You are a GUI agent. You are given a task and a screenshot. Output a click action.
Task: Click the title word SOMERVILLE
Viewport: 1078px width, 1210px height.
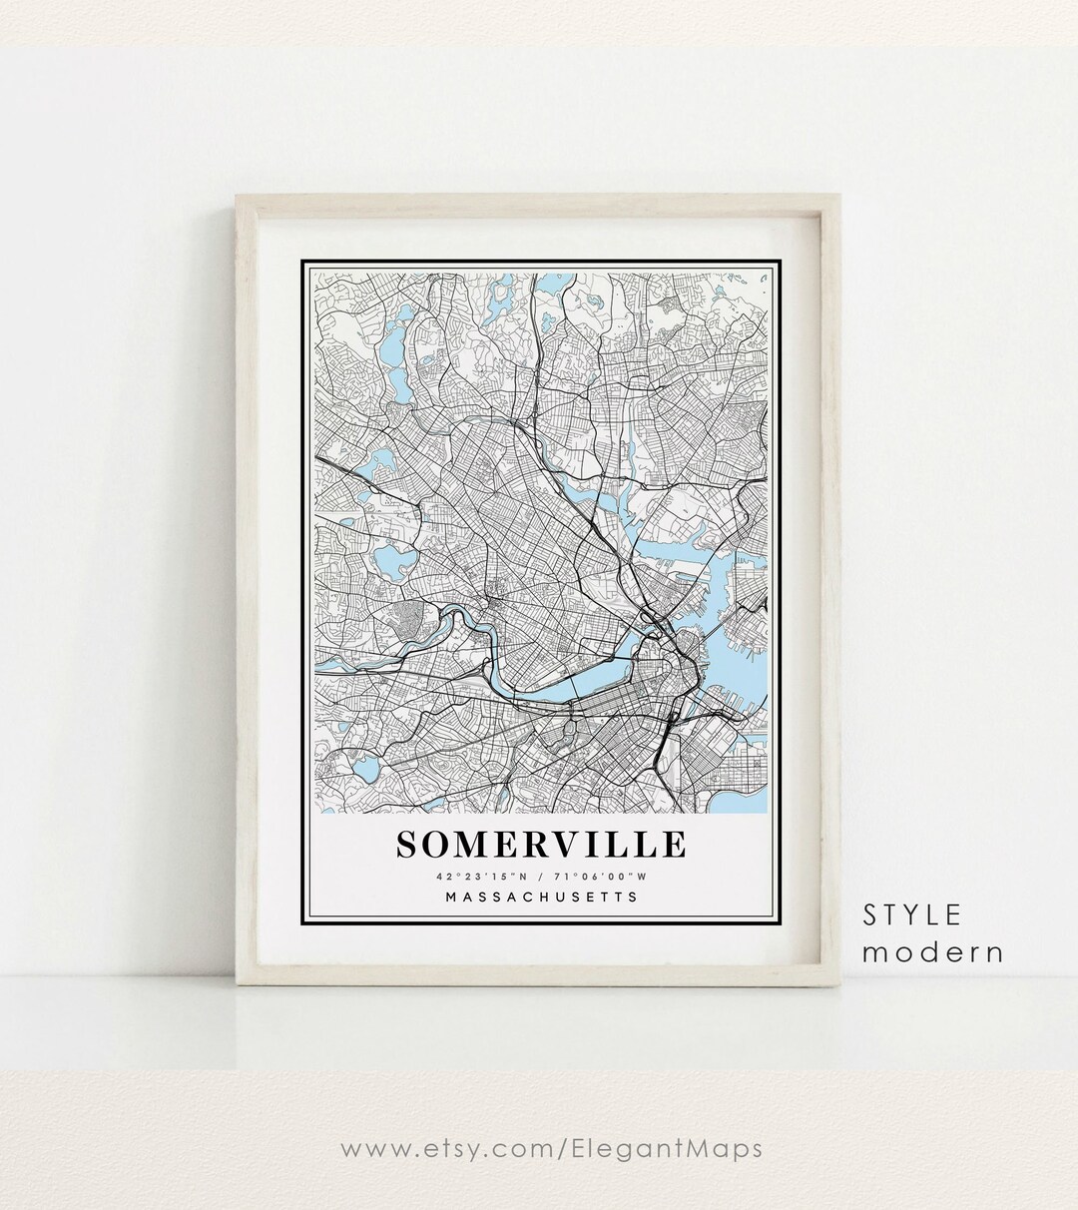(x=541, y=845)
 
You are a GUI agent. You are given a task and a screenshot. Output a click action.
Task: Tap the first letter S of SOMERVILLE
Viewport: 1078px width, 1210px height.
(x=407, y=845)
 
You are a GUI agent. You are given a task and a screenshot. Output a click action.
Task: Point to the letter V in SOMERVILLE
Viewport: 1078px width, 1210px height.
(x=580, y=845)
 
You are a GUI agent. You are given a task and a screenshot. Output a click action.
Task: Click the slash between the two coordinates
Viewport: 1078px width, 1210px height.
(x=540, y=877)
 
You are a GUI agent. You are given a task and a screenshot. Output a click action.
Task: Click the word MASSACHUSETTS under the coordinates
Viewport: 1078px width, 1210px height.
(x=541, y=897)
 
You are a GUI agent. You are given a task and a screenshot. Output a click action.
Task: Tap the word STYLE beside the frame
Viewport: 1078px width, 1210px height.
(x=912, y=914)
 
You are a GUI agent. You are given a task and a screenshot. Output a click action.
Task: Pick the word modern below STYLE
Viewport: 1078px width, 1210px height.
(x=933, y=952)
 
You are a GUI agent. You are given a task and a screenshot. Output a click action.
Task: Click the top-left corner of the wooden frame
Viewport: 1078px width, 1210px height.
(x=243, y=202)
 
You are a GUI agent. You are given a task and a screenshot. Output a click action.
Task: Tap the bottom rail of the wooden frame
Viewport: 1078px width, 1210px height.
(x=539, y=974)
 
